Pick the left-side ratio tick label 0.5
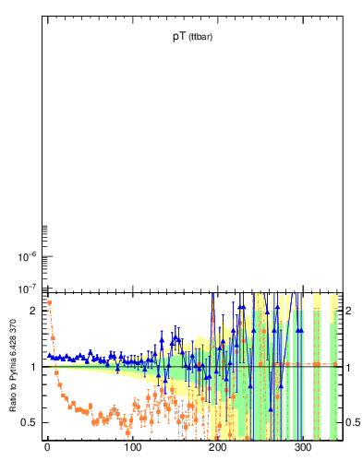[29, 423]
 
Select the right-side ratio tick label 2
[350, 311]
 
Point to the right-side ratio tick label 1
[350, 367]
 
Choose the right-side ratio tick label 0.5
[353, 423]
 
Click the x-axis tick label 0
[46, 447]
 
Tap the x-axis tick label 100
[132, 447]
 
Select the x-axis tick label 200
[218, 447]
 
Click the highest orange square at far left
[49, 302]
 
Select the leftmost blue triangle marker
[49, 355]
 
